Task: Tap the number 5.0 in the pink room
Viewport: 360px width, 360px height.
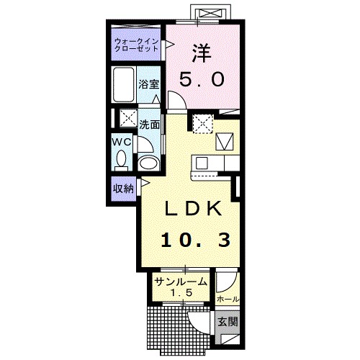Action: pyautogui.click(x=202, y=79)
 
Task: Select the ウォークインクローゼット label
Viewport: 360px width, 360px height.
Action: pyautogui.click(x=136, y=45)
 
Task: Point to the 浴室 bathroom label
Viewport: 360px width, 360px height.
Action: pyautogui.click(x=149, y=84)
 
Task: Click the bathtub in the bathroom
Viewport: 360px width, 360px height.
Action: pyautogui.click(x=124, y=84)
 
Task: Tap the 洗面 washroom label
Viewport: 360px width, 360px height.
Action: pyautogui.click(x=150, y=125)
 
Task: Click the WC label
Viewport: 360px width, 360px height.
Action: pyautogui.click(x=122, y=142)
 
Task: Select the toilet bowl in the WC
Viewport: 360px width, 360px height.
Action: pyautogui.click(x=121, y=160)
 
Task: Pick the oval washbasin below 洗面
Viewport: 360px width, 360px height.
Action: pyautogui.click(x=149, y=163)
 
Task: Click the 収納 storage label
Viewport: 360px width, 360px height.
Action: pyautogui.click(x=123, y=189)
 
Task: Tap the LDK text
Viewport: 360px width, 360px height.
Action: pyautogui.click(x=193, y=209)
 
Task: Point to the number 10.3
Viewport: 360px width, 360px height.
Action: pyautogui.click(x=196, y=240)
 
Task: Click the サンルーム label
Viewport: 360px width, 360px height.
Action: pyautogui.click(x=181, y=282)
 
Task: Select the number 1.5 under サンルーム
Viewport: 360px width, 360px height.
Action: pyautogui.click(x=181, y=292)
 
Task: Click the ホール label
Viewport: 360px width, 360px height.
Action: pyautogui.click(x=228, y=300)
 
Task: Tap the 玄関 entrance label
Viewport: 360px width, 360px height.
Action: pyautogui.click(x=228, y=322)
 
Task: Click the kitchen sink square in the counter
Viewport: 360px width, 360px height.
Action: pyautogui.click(x=201, y=163)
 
